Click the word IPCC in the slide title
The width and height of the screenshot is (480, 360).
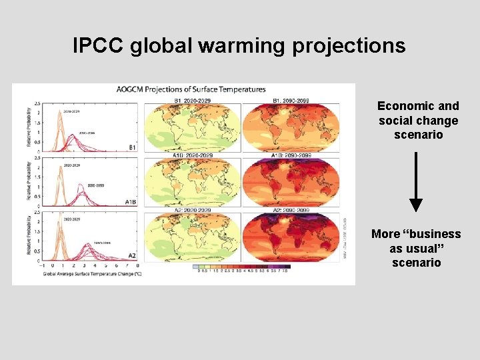point(99,45)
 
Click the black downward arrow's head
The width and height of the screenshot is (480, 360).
point(416,205)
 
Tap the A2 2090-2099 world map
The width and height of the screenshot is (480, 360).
point(290,238)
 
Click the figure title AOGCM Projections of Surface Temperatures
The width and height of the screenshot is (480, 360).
point(191,89)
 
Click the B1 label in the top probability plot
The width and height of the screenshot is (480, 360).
point(133,147)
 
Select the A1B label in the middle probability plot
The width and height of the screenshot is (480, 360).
point(131,201)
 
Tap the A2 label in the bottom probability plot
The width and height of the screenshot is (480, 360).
point(133,255)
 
